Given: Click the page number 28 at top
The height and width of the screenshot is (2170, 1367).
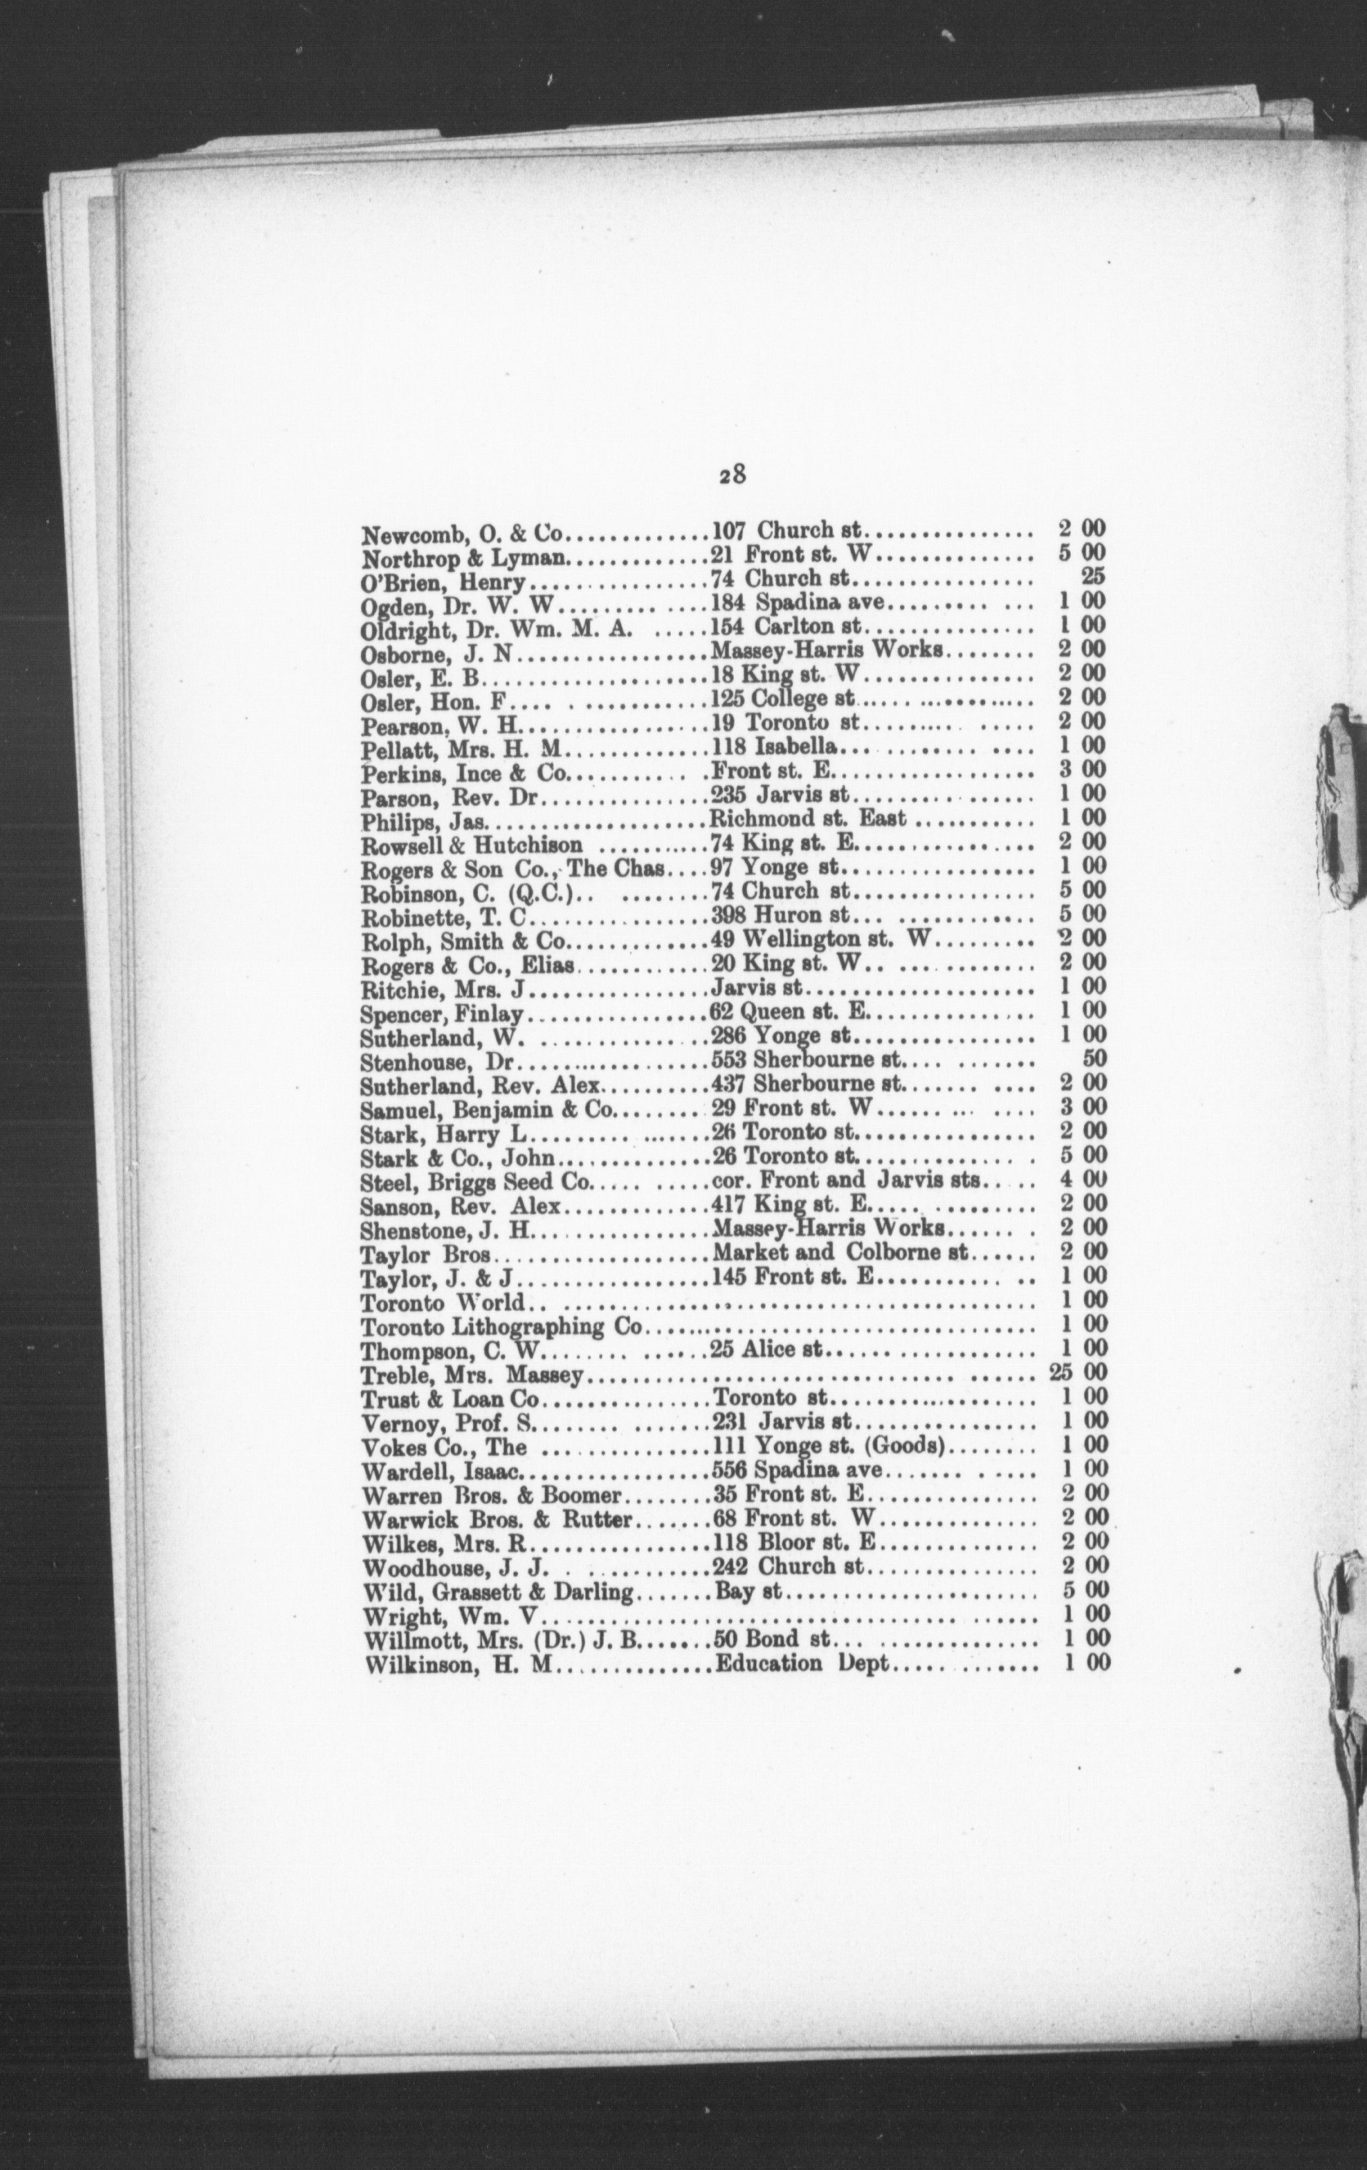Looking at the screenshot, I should click(x=732, y=475).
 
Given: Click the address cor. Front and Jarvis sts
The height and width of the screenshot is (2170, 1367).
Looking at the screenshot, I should click(x=849, y=1179).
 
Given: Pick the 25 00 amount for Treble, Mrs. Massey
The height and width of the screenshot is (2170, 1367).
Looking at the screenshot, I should click(x=1079, y=1373).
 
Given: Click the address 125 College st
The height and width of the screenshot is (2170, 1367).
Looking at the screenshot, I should click(x=782, y=698).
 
